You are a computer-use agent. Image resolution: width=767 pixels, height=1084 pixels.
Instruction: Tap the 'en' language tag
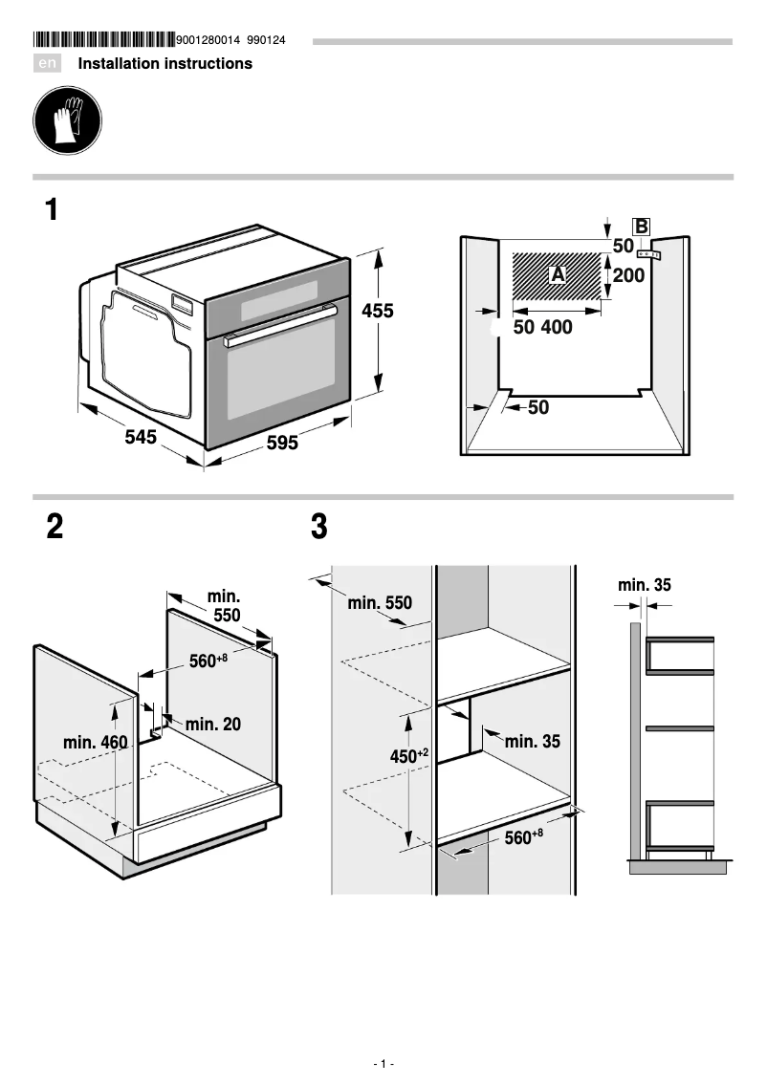pos(48,64)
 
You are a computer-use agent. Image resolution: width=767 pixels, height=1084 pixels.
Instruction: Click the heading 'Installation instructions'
pos(164,64)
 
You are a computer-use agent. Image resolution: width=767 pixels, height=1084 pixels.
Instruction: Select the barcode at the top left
pos(103,40)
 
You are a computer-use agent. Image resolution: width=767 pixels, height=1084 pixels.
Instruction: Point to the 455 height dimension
pos(377,311)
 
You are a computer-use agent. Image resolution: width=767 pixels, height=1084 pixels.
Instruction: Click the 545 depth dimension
pos(141,438)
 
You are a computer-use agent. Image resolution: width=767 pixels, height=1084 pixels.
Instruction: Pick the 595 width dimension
pos(282,444)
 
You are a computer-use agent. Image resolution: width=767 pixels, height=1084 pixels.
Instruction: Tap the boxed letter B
pos(642,227)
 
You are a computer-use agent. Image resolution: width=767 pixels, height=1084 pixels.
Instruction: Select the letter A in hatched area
pos(559,274)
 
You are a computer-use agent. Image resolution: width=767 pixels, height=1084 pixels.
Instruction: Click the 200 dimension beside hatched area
pos(628,276)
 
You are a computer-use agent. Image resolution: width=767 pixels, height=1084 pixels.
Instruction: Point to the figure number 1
pos(52,209)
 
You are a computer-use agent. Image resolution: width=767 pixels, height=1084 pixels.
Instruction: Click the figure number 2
pos(55,527)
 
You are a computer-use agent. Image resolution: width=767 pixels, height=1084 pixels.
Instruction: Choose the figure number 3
pos(319,527)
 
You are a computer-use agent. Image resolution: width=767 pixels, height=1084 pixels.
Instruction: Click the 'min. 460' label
pos(95,742)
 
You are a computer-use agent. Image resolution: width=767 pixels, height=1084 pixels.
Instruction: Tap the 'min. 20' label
pos(213,725)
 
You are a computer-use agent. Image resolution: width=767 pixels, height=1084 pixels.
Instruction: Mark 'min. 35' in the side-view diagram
pos(644,584)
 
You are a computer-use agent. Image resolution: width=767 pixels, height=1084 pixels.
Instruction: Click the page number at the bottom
pos(383,1063)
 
